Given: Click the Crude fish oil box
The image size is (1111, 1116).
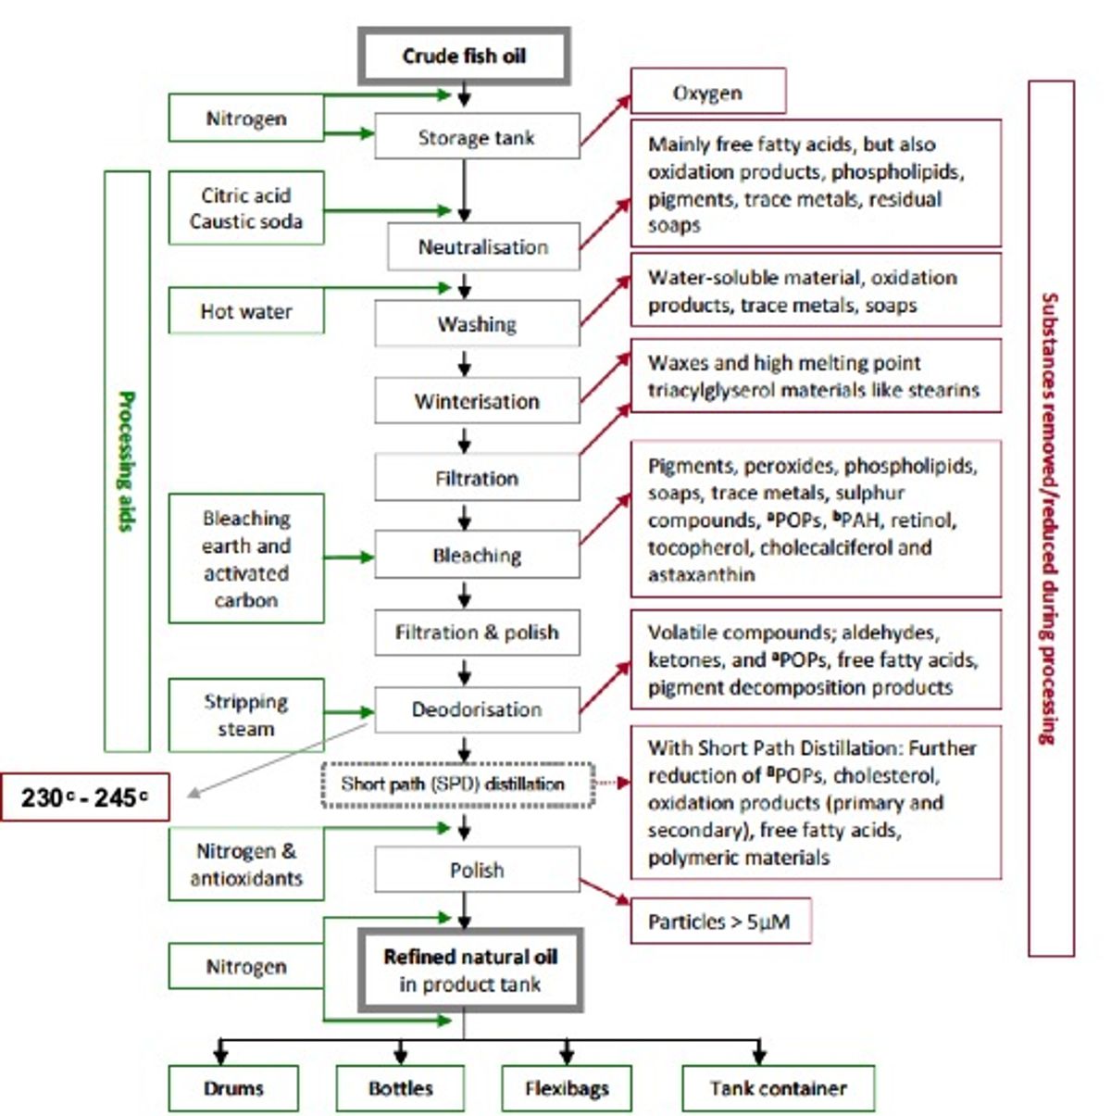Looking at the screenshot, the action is coord(464,56).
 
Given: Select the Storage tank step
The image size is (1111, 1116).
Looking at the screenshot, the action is coord(477,136).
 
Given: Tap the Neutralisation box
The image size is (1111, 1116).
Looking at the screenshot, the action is coord(483,246).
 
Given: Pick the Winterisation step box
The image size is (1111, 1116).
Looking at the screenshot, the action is coord(477,401).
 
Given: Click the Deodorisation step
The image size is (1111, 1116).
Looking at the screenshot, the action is coord(477,709).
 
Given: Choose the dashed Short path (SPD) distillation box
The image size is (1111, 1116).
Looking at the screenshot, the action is coord(458,784).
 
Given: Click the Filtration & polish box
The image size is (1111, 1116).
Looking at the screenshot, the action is coord(477,633).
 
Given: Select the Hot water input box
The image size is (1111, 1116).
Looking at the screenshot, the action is coord(246,311).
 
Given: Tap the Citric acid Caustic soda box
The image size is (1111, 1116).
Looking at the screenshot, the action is coord(246,207).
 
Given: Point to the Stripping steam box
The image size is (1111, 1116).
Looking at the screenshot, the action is coord(246,715).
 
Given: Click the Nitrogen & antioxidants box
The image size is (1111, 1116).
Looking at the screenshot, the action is coord(246,864).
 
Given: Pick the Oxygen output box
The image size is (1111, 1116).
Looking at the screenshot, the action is coord(708,91).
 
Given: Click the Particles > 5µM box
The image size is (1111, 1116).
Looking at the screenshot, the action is coord(721,921).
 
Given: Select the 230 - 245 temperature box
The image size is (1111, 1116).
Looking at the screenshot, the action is coord(85,796).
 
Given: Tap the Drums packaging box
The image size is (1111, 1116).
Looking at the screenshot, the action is coord(233,1088).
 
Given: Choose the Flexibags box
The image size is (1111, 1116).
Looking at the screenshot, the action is coord(567,1088).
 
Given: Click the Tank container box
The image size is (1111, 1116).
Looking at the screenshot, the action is coord(779,1088).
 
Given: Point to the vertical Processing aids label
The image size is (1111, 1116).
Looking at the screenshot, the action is coord(127,461).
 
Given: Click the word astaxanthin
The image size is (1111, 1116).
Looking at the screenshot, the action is coord(701,575).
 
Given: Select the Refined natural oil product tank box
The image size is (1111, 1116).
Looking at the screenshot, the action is coord(470,970).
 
